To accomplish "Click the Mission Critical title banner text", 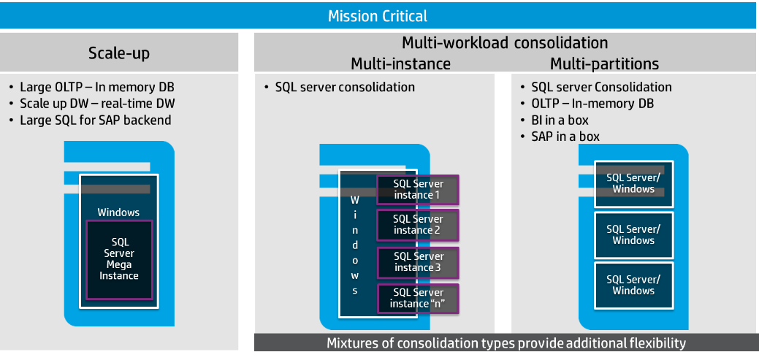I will [378, 15].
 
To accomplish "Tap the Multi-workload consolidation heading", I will [505, 42].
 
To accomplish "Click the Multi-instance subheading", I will [401, 64].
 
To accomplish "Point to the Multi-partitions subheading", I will [604, 64].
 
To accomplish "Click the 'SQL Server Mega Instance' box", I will [119, 259].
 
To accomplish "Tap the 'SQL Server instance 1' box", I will [418, 190].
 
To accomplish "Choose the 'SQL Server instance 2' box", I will [418, 225].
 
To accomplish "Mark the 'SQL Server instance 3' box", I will [418, 262].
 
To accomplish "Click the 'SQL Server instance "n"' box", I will [418, 298].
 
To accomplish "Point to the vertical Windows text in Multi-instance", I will [355, 244].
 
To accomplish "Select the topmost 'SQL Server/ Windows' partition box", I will [633, 183].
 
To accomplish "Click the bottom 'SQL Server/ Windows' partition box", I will [633, 285].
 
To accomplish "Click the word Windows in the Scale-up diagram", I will [118, 212].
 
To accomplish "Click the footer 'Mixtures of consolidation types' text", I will [506, 343].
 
